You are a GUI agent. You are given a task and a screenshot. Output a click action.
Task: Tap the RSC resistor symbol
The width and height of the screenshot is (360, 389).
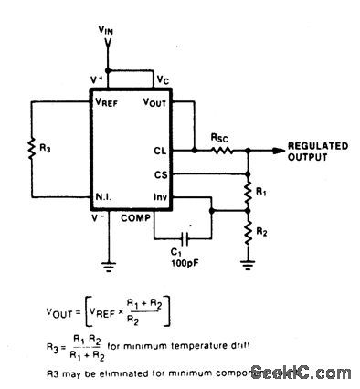(220, 148)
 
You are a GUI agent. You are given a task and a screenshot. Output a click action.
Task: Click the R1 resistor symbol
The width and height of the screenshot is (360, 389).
(247, 192)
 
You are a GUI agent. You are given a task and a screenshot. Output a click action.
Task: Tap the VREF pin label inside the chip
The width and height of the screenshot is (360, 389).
(107, 101)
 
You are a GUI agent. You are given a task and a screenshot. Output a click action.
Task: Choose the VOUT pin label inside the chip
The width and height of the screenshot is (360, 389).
(157, 101)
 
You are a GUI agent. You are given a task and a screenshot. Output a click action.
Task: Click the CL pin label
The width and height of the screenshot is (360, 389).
(161, 150)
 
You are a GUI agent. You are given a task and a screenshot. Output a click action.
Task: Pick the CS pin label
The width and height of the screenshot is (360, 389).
(161, 172)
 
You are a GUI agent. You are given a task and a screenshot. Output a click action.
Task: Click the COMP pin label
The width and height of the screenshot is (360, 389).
(134, 216)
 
